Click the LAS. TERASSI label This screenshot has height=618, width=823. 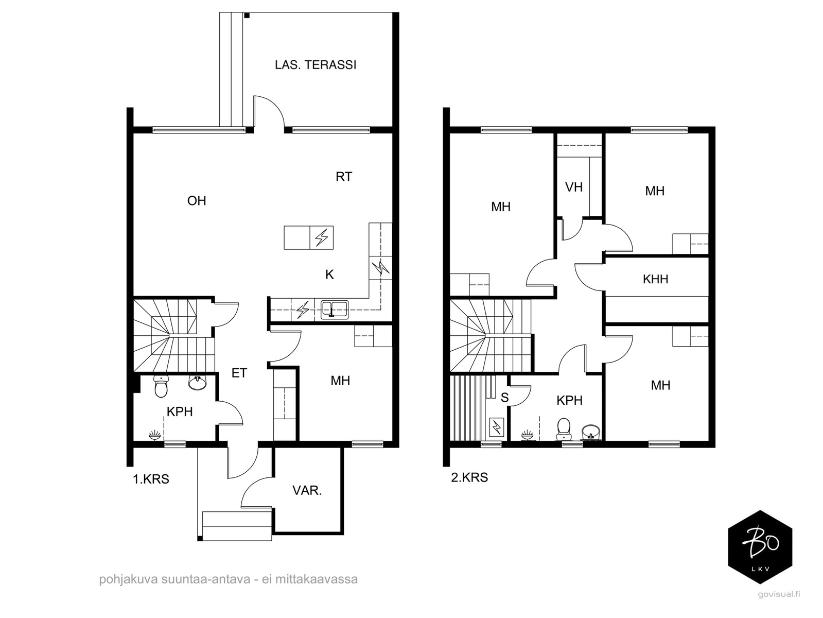pyautogui.click(x=316, y=65)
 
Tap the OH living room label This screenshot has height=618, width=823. pyautogui.click(x=197, y=201)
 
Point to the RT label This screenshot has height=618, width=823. pyautogui.click(x=344, y=177)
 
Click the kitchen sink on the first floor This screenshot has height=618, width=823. pyautogui.click(x=335, y=310)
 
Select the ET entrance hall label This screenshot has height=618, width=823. pyautogui.click(x=239, y=373)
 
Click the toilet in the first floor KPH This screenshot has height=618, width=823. pyautogui.click(x=161, y=387)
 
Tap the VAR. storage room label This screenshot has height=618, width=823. pyautogui.click(x=307, y=490)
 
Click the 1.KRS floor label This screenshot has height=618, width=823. pyautogui.click(x=151, y=479)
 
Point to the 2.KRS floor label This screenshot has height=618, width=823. pyautogui.click(x=469, y=478)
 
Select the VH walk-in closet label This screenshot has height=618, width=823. pyautogui.click(x=574, y=187)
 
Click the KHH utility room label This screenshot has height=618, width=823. pyautogui.click(x=655, y=279)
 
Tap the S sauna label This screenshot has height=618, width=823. pyautogui.click(x=505, y=398)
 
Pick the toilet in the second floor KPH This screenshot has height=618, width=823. pyautogui.click(x=564, y=429)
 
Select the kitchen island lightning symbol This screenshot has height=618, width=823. pyautogui.click(x=321, y=238)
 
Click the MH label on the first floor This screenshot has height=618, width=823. pyautogui.click(x=340, y=381)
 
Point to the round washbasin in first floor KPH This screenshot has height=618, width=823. pyautogui.click(x=197, y=383)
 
